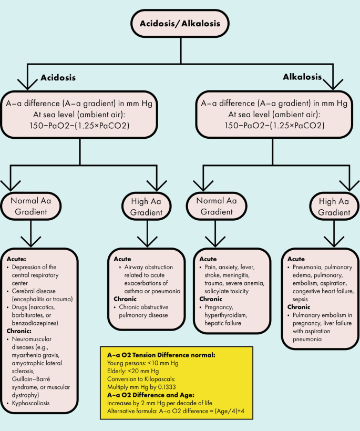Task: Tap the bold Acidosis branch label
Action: tap(58, 78)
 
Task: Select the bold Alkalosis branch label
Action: tap(302, 77)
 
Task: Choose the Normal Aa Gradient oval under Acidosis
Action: tap(32, 206)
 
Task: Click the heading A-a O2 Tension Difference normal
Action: tap(158, 355)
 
